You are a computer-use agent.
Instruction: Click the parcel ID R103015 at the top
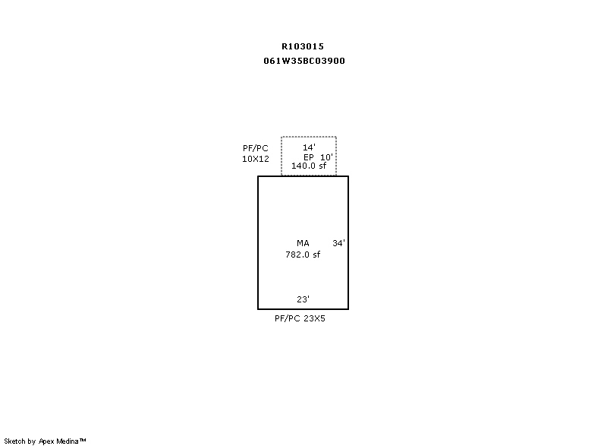tap(302, 46)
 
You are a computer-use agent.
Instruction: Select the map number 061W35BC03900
tap(304, 61)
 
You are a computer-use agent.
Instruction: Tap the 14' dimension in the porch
tap(309, 147)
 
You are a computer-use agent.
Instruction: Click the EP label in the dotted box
tap(309, 157)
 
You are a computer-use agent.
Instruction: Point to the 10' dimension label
tap(326, 157)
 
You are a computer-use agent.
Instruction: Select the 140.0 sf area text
tap(309, 166)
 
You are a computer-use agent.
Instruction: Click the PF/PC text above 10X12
tap(256, 148)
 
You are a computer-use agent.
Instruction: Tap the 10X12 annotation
tap(256, 159)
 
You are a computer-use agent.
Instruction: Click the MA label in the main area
tap(303, 243)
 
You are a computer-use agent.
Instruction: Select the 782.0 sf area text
tap(303, 255)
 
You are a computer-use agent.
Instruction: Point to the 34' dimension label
tap(338, 243)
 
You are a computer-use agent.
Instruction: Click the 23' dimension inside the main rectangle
tap(303, 299)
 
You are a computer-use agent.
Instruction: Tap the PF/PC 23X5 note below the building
tap(300, 318)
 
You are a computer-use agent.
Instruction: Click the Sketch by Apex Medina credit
tap(45, 441)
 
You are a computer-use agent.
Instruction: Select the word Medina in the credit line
tap(68, 441)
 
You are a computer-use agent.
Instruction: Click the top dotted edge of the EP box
tap(309, 137)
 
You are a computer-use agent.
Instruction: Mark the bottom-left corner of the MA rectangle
tap(258, 308)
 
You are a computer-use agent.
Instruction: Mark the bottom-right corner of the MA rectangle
tap(348, 308)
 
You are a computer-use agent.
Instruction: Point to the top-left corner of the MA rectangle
tap(258, 176)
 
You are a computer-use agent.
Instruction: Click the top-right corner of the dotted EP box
tap(336, 137)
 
